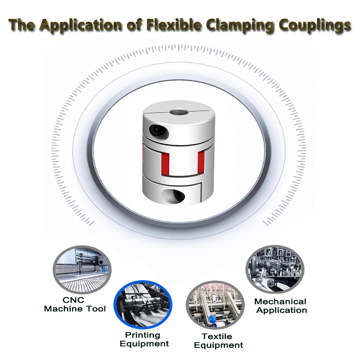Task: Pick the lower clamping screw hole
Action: [177, 196]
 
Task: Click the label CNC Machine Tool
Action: [75, 304]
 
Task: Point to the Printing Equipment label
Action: [144, 339]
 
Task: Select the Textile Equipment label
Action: [218, 341]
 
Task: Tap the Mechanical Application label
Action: [280, 306]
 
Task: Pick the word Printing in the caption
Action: [142, 335]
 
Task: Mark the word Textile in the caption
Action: [217, 337]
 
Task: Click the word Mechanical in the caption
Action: [280, 301]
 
